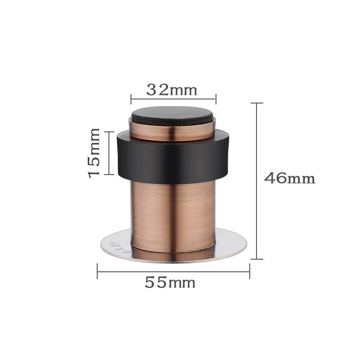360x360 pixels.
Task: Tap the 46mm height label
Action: point(289,178)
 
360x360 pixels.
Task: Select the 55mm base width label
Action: point(170,283)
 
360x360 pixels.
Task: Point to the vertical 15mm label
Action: point(94,153)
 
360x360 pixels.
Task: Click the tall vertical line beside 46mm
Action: point(256,180)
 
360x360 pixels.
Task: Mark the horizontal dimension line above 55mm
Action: point(173,271)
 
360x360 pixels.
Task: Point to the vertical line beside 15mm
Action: point(108,153)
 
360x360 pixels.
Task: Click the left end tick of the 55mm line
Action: point(98,271)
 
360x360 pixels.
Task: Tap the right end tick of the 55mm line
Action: point(249,271)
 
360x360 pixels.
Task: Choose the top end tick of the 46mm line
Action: point(256,103)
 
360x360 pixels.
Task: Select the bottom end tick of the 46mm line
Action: point(256,259)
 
